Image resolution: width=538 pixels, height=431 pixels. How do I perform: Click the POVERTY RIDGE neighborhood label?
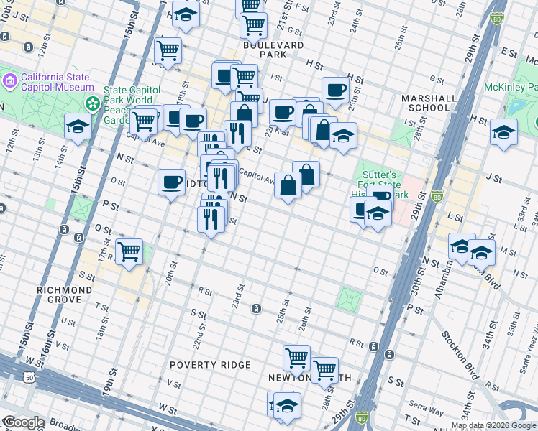pos(211,365)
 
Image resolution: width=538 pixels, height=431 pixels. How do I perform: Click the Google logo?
pos(23,422)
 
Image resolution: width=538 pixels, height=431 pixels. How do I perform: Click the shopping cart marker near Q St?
pos(129,252)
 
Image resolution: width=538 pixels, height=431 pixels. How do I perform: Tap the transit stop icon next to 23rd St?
pos(255,309)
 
